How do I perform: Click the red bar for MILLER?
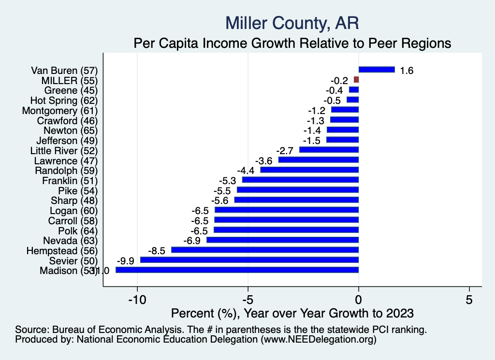click(x=356, y=80)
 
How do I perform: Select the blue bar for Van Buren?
click(x=377, y=70)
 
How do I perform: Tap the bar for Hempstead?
click(x=265, y=250)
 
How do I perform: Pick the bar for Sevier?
click(x=249, y=260)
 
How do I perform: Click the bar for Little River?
click(x=329, y=150)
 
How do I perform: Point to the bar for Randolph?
click(x=309, y=170)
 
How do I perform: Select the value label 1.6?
click(x=407, y=71)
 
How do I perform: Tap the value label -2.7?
click(x=285, y=151)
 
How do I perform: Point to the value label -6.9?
click(x=192, y=241)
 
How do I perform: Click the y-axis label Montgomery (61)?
click(x=60, y=110)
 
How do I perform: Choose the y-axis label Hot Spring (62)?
click(x=64, y=100)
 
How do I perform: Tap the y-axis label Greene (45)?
click(x=71, y=90)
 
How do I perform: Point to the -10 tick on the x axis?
click(x=137, y=300)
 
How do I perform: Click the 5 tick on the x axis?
click(x=469, y=300)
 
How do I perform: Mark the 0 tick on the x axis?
click(x=359, y=300)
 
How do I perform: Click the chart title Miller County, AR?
click(x=292, y=23)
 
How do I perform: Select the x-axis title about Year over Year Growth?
click(x=292, y=313)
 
